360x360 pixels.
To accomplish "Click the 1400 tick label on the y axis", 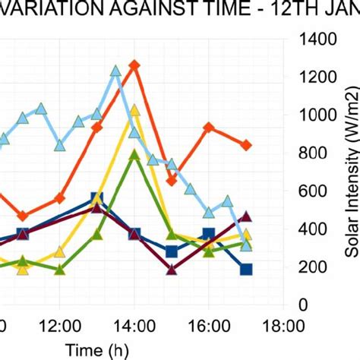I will [x=317, y=39].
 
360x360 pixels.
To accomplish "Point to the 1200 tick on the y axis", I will [x=317, y=77].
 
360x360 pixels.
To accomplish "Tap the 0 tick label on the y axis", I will [x=304, y=305].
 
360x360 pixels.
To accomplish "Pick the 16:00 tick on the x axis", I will [x=208, y=327].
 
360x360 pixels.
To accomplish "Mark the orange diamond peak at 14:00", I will [x=134, y=66].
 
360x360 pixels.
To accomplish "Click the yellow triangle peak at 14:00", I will [x=134, y=111].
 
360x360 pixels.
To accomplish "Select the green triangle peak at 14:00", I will [x=134, y=154].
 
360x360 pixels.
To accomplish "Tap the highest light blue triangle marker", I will [x=116, y=71].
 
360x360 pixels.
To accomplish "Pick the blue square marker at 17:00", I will [x=245, y=269].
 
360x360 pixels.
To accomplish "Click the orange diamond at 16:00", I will [x=209, y=128].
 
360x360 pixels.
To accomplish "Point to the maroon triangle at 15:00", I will [x=172, y=269].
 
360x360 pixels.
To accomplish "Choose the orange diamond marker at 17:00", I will [x=245, y=145].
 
